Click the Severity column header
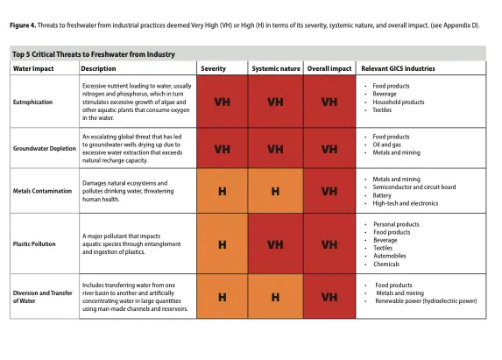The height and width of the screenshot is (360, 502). pos(213,68)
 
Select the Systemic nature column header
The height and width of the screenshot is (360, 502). pos(276,68)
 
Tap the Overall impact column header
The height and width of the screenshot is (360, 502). pos(329,68)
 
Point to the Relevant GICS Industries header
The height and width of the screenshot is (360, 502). pos(398,68)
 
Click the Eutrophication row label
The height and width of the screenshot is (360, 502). pos(32,102)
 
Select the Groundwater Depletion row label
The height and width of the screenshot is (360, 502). pos(45,149)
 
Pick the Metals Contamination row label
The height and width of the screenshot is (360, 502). pos(42,191)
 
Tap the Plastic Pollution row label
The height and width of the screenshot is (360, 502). pos(34,244)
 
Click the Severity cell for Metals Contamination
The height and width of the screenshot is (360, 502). pos(223,191)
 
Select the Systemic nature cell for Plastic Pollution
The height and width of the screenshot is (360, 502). pos(276,244)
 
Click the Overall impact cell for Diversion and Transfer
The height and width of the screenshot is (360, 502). pos(329,297)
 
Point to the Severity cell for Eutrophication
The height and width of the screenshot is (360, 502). pos(223,102)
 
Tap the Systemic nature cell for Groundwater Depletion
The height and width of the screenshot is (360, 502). pos(276,149)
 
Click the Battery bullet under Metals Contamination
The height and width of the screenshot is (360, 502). pos(382,195)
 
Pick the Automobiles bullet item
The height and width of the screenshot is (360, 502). pos(390,256)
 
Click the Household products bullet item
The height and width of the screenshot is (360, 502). pos(399,102)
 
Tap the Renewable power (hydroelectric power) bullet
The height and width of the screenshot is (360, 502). pos(426,300)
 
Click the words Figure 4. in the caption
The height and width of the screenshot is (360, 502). pos(23,25)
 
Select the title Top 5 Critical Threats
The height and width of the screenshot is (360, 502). pos(94,54)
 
